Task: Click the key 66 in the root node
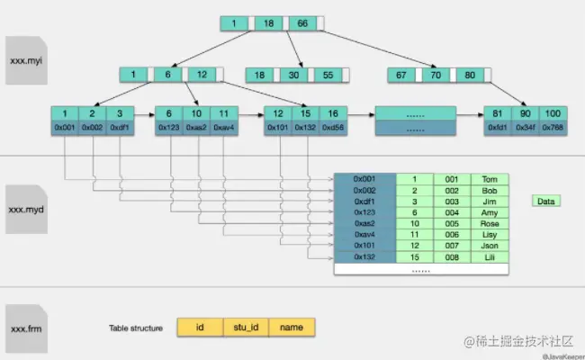pos(301,23)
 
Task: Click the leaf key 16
pos(332,113)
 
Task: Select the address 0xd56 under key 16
pos(332,128)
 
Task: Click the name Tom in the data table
pos(489,179)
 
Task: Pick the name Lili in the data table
pos(489,256)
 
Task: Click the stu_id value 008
pos(451,256)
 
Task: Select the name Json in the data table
pos(489,244)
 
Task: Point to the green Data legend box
pos(545,202)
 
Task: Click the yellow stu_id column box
pos(245,328)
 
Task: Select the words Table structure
pos(136,328)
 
